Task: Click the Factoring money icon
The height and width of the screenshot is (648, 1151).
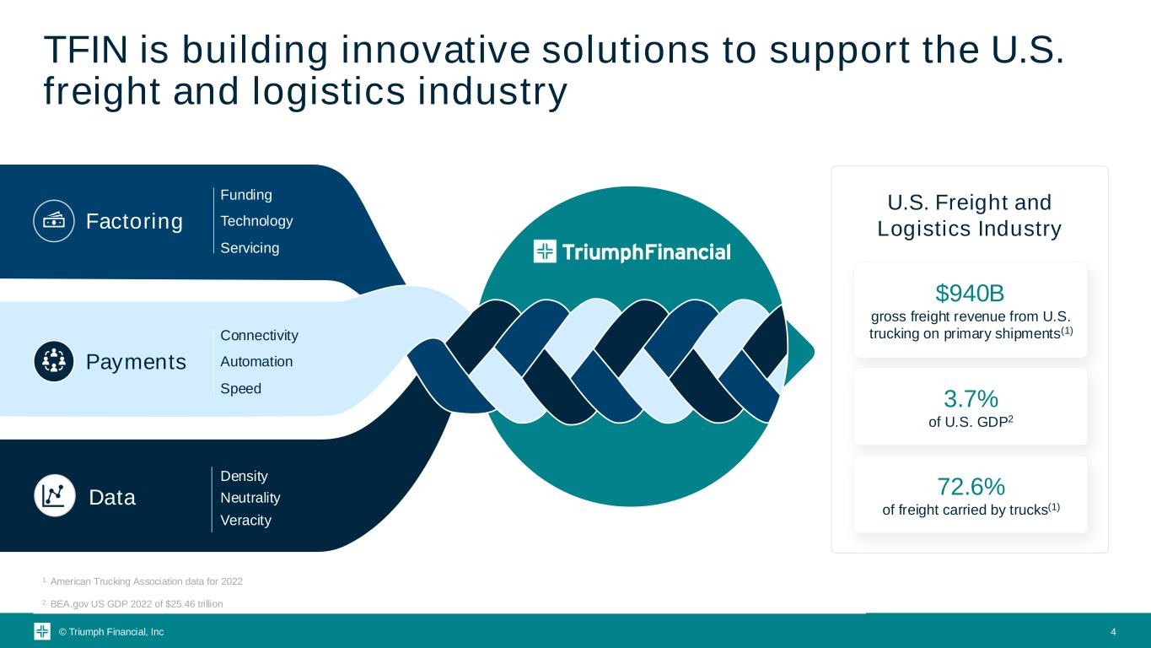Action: [54, 221]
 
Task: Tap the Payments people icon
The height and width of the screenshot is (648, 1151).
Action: [54, 361]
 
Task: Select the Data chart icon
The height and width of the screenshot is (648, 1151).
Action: [55, 496]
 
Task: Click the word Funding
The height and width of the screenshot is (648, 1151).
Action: [246, 195]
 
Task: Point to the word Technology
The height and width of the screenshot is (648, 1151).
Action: [256, 221]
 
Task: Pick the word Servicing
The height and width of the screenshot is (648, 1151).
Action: [250, 248]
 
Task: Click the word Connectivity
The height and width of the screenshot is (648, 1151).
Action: [259, 335]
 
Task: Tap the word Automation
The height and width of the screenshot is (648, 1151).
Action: [256, 361]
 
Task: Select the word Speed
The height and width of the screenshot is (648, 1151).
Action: [240, 388]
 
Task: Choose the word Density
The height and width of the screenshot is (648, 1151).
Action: [244, 476]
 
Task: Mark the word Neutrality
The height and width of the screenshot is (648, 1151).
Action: [250, 498]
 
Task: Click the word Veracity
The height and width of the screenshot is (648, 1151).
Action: [245, 520]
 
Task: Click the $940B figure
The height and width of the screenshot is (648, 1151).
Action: [970, 293]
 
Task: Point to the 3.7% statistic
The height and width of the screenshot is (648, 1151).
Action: [971, 398]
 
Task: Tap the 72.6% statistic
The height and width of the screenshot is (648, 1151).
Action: [971, 487]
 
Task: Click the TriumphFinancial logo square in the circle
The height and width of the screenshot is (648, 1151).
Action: [545, 251]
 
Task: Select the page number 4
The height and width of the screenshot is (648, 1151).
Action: [1113, 632]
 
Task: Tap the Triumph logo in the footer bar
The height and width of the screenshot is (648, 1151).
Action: [42, 631]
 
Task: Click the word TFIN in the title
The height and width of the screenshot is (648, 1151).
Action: [86, 50]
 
